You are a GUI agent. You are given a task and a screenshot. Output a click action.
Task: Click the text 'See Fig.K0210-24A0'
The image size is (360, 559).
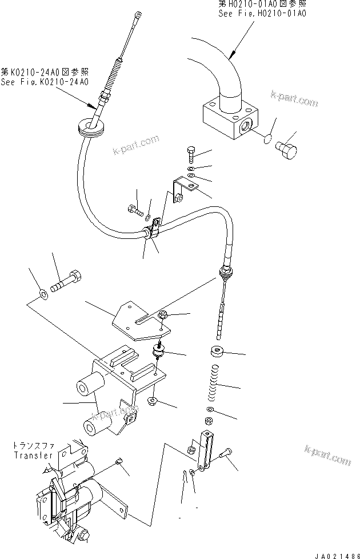(45, 82)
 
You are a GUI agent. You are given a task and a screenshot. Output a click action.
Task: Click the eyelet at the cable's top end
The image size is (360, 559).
(138, 16)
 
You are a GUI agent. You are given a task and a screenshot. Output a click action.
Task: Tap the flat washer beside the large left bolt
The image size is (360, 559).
(44, 295)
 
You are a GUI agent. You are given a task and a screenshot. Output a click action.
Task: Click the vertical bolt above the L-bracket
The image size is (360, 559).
(191, 154)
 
